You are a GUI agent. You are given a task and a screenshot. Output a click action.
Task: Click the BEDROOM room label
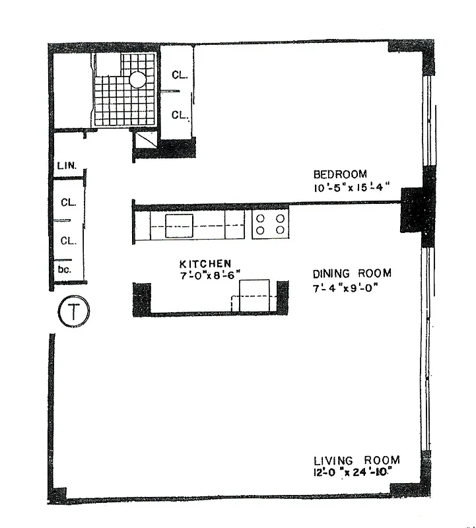(339, 174)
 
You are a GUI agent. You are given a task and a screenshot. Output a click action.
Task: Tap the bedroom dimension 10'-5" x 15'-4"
(349, 187)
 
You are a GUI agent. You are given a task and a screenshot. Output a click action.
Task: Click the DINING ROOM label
(352, 273)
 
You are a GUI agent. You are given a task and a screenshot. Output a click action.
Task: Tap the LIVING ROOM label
(356, 460)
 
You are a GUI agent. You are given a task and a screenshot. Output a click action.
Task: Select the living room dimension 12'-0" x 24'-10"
(356, 473)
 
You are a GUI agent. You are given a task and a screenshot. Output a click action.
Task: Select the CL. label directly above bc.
(69, 241)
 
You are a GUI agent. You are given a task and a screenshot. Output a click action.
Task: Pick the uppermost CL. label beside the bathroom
(180, 75)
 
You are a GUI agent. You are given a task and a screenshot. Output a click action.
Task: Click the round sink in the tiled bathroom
(138, 80)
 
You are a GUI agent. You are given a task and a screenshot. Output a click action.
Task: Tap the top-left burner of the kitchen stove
(261, 218)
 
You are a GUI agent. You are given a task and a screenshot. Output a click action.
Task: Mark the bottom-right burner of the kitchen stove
(281, 230)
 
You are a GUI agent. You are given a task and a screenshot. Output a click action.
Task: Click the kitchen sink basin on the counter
(178, 226)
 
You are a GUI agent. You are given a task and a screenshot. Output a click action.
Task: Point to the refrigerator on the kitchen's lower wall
(254, 294)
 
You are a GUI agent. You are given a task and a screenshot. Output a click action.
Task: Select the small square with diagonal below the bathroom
(145, 140)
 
